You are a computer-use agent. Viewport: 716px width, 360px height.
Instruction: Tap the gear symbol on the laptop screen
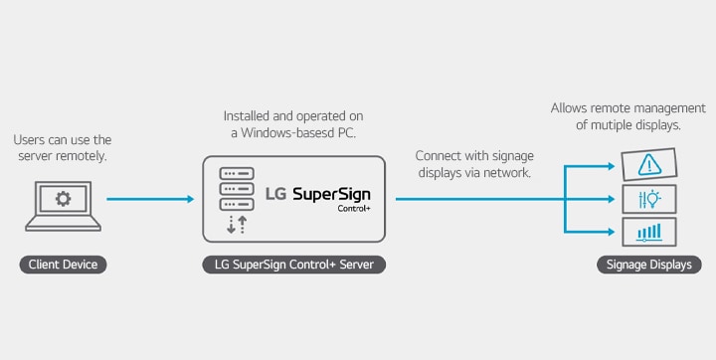(64, 198)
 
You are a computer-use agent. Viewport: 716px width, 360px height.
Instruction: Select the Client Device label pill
(64, 266)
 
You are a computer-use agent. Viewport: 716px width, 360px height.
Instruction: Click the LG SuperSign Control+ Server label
(294, 266)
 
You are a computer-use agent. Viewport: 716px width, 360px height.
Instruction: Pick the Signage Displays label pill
(649, 266)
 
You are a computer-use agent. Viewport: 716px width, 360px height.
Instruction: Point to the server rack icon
(235, 186)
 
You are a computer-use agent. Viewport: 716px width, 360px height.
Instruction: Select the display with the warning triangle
(649, 163)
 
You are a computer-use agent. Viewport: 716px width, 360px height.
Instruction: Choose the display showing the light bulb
(649, 198)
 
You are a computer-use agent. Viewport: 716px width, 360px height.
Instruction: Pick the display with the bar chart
(649, 232)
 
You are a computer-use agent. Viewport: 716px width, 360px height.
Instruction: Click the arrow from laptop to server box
(149, 199)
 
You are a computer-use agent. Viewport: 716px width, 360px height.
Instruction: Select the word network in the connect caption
(505, 173)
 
